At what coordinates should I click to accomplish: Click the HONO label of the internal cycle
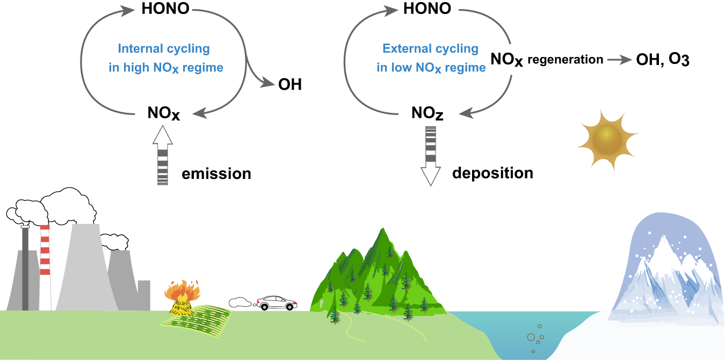(x=165, y=9)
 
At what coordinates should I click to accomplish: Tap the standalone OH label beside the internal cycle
(x=290, y=85)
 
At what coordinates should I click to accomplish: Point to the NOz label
(x=427, y=114)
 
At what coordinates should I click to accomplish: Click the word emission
(x=216, y=174)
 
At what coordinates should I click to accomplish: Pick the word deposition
(x=492, y=173)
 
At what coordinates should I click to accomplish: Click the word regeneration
(x=565, y=60)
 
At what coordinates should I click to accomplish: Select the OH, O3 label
(x=662, y=60)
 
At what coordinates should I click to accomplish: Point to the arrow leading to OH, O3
(x=619, y=60)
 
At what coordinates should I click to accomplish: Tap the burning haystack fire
(x=184, y=294)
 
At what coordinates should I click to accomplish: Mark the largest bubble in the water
(x=531, y=337)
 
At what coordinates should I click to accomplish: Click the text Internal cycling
(x=164, y=49)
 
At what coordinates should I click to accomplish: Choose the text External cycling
(x=430, y=49)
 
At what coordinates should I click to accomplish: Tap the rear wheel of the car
(x=264, y=307)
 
